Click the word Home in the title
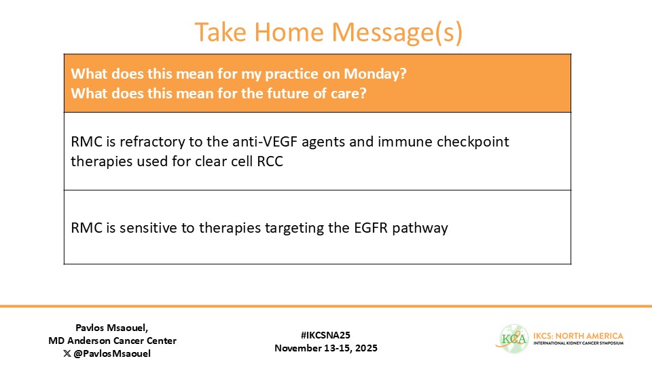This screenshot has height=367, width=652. point(289,32)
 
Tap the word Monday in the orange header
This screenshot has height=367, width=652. point(375,73)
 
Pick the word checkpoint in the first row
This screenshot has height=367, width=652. point(473,142)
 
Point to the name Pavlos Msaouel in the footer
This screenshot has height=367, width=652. point(111,328)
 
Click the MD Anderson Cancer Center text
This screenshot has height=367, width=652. point(112,341)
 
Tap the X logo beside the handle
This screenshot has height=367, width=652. point(67,353)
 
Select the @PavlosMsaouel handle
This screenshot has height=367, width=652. point(112,353)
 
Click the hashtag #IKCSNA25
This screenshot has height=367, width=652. point(325,335)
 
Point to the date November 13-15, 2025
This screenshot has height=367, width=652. point(326,348)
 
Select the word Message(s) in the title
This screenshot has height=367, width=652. point(397,32)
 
